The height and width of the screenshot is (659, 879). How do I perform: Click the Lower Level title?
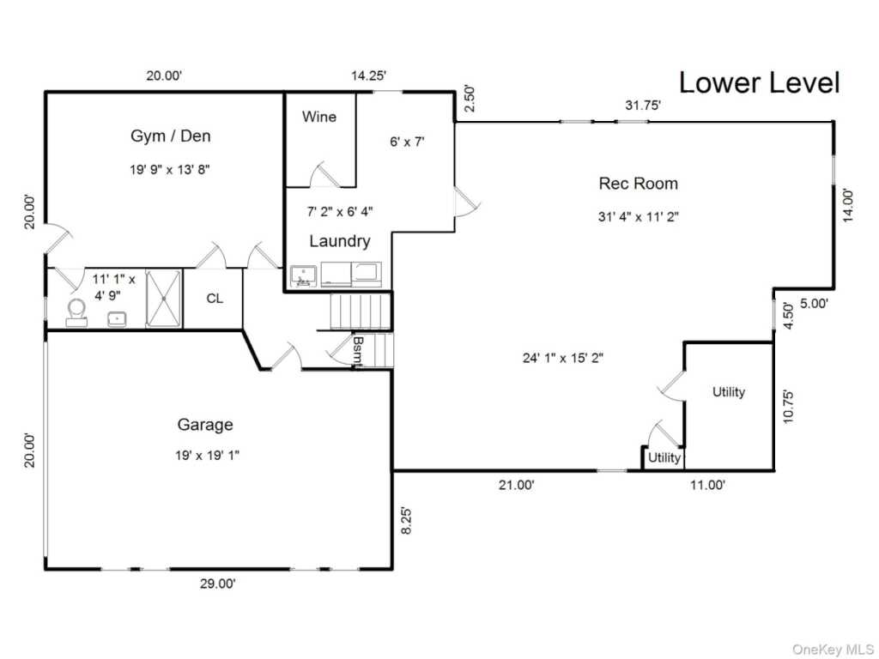(x=759, y=83)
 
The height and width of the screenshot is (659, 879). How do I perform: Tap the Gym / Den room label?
(x=170, y=136)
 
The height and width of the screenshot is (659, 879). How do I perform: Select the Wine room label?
(x=318, y=117)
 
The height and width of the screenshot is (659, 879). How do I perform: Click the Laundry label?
(x=339, y=241)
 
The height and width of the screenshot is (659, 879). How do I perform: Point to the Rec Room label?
(x=638, y=183)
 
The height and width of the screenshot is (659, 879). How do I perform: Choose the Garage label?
(x=205, y=424)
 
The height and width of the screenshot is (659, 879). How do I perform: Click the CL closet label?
(x=214, y=299)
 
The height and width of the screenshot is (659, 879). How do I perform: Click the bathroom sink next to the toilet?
(x=117, y=318)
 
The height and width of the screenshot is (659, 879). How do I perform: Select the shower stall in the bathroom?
(x=163, y=298)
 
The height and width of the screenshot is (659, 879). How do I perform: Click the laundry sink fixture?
(x=303, y=276)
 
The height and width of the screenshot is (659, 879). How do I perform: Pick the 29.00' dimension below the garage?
(x=217, y=583)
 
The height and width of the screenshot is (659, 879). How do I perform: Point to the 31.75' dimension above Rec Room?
(x=642, y=106)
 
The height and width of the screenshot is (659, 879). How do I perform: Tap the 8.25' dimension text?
(x=407, y=522)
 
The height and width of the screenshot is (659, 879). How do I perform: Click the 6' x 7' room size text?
(x=408, y=142)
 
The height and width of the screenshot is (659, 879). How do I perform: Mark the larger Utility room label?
(x=728, y=392)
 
